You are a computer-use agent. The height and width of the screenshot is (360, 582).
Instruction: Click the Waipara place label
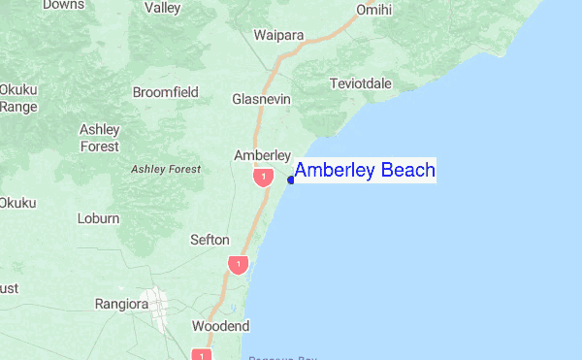[278, 36]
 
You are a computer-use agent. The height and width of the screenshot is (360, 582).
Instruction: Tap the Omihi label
[373, 11]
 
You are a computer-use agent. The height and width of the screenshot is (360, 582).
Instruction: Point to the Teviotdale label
[361, 83]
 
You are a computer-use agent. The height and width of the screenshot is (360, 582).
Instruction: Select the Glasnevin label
[262, 99]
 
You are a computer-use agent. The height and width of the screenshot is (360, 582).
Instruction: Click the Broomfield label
[165, 92]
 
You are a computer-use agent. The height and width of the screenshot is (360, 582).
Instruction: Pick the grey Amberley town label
[263, 155]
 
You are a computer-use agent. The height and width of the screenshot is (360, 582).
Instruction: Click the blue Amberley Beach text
[365, 171]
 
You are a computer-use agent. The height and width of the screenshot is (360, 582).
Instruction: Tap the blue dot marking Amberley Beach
[292, 179]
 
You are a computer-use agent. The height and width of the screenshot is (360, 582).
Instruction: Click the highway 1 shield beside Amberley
[263, 178]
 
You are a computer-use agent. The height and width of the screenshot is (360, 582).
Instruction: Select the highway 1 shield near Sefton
[238, 263]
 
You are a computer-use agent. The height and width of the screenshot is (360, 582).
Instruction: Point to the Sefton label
[210, 240]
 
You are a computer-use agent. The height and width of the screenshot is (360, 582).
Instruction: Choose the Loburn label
[98, 218]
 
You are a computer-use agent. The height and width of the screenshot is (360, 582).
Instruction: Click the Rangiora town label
[121, 304]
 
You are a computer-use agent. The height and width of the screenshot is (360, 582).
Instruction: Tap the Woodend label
[221, 326]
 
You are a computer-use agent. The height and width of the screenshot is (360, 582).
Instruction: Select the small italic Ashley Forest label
[166, 169]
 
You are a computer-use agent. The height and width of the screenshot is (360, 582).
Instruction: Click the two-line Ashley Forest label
[100, 138]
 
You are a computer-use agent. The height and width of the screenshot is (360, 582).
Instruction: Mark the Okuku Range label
[17, 98]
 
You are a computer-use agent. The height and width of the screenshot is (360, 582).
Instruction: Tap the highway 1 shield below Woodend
[202, 354]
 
